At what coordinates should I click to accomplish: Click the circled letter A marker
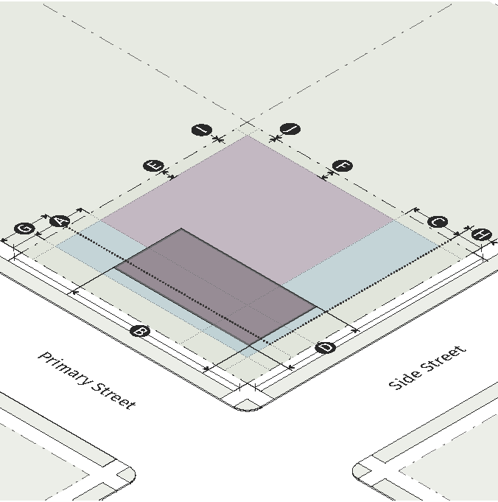click(x=60, y=220)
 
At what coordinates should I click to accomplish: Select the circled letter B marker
click(x=139, y=331)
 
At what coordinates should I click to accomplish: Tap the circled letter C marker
click(x=438, y=222)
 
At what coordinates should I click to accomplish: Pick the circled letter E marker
click(x=155, y=166)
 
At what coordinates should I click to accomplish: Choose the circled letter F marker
click(x=343, y=166)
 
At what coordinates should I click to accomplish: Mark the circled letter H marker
click(x=481, y=234)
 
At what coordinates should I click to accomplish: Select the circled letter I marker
click(x=201, y=130)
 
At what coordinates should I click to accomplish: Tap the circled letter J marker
click(x=292, y=130)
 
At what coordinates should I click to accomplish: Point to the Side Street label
click(x=427, y=366)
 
